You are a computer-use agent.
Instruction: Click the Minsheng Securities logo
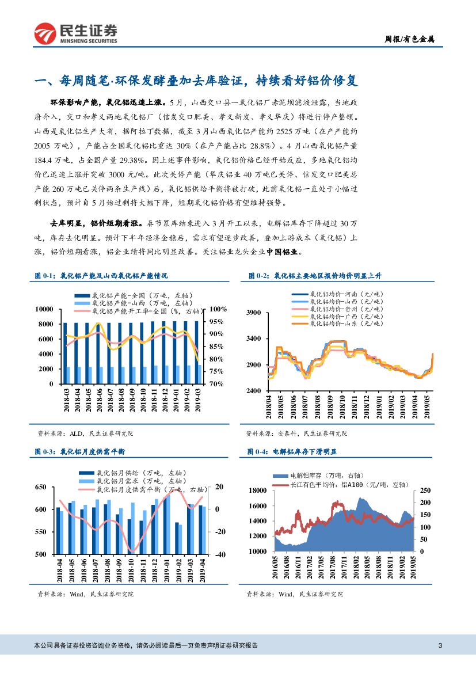(75, 33)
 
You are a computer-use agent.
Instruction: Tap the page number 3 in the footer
(440, 645)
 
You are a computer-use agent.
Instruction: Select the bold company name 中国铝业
(281, 252)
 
